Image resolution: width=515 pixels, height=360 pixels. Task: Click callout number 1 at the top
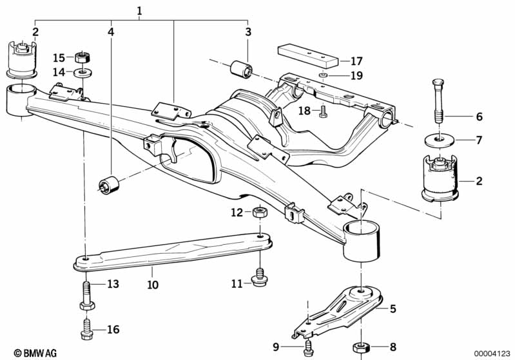click(139, 10)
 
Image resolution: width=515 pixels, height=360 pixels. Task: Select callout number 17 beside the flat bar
click(356, 62)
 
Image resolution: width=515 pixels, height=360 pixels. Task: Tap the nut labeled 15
click(83, 57)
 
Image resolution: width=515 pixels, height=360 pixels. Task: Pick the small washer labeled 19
click(323, 76)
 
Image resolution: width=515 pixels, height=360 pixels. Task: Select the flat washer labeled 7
click(440, 140)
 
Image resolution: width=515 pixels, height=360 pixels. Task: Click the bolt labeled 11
click(259, 279)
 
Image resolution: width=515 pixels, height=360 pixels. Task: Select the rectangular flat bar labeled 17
click(307, 54)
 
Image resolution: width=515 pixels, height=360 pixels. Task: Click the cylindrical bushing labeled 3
click(241, 67)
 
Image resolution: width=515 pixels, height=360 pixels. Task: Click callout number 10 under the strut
click(152, 283)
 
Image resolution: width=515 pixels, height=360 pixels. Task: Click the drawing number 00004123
click(492, 352)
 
